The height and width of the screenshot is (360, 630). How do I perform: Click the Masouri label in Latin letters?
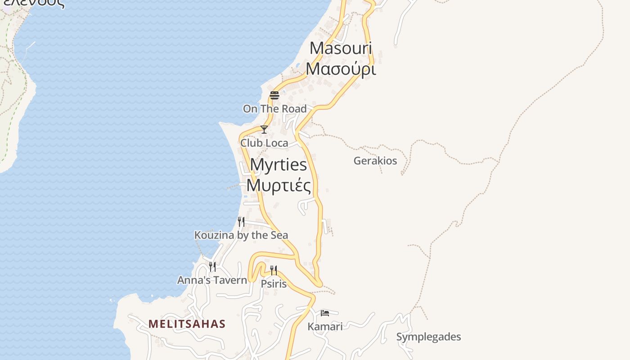point(341,49)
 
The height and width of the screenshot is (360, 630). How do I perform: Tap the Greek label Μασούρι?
point(341,68)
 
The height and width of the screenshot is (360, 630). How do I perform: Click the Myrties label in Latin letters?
point(279,165)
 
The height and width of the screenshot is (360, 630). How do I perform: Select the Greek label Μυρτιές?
point(279,185)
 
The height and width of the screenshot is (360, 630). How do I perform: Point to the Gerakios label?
point(375,161)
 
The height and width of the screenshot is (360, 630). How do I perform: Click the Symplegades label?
point(428,337)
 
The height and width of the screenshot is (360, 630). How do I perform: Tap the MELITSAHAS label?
point(187,324)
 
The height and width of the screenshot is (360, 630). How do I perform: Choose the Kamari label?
point(325,326)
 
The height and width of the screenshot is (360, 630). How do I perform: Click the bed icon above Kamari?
point(325,313)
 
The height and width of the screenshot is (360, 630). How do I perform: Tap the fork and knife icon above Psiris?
point(274,270)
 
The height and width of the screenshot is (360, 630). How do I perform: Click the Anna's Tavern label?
point(212,280)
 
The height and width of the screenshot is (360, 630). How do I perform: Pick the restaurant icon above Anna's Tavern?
point(212,266)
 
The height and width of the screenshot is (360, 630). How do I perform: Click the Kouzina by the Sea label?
point(241,235)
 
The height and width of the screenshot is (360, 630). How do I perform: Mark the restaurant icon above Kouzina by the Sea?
point(241,221)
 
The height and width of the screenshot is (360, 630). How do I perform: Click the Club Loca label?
point(264,143)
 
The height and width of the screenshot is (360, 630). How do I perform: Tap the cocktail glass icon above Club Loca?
point(264,130)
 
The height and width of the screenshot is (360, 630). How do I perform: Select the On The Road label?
point(274,108)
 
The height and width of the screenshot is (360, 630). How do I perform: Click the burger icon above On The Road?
point(274,95)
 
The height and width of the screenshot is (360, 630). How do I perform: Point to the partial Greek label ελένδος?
point(34,4)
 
